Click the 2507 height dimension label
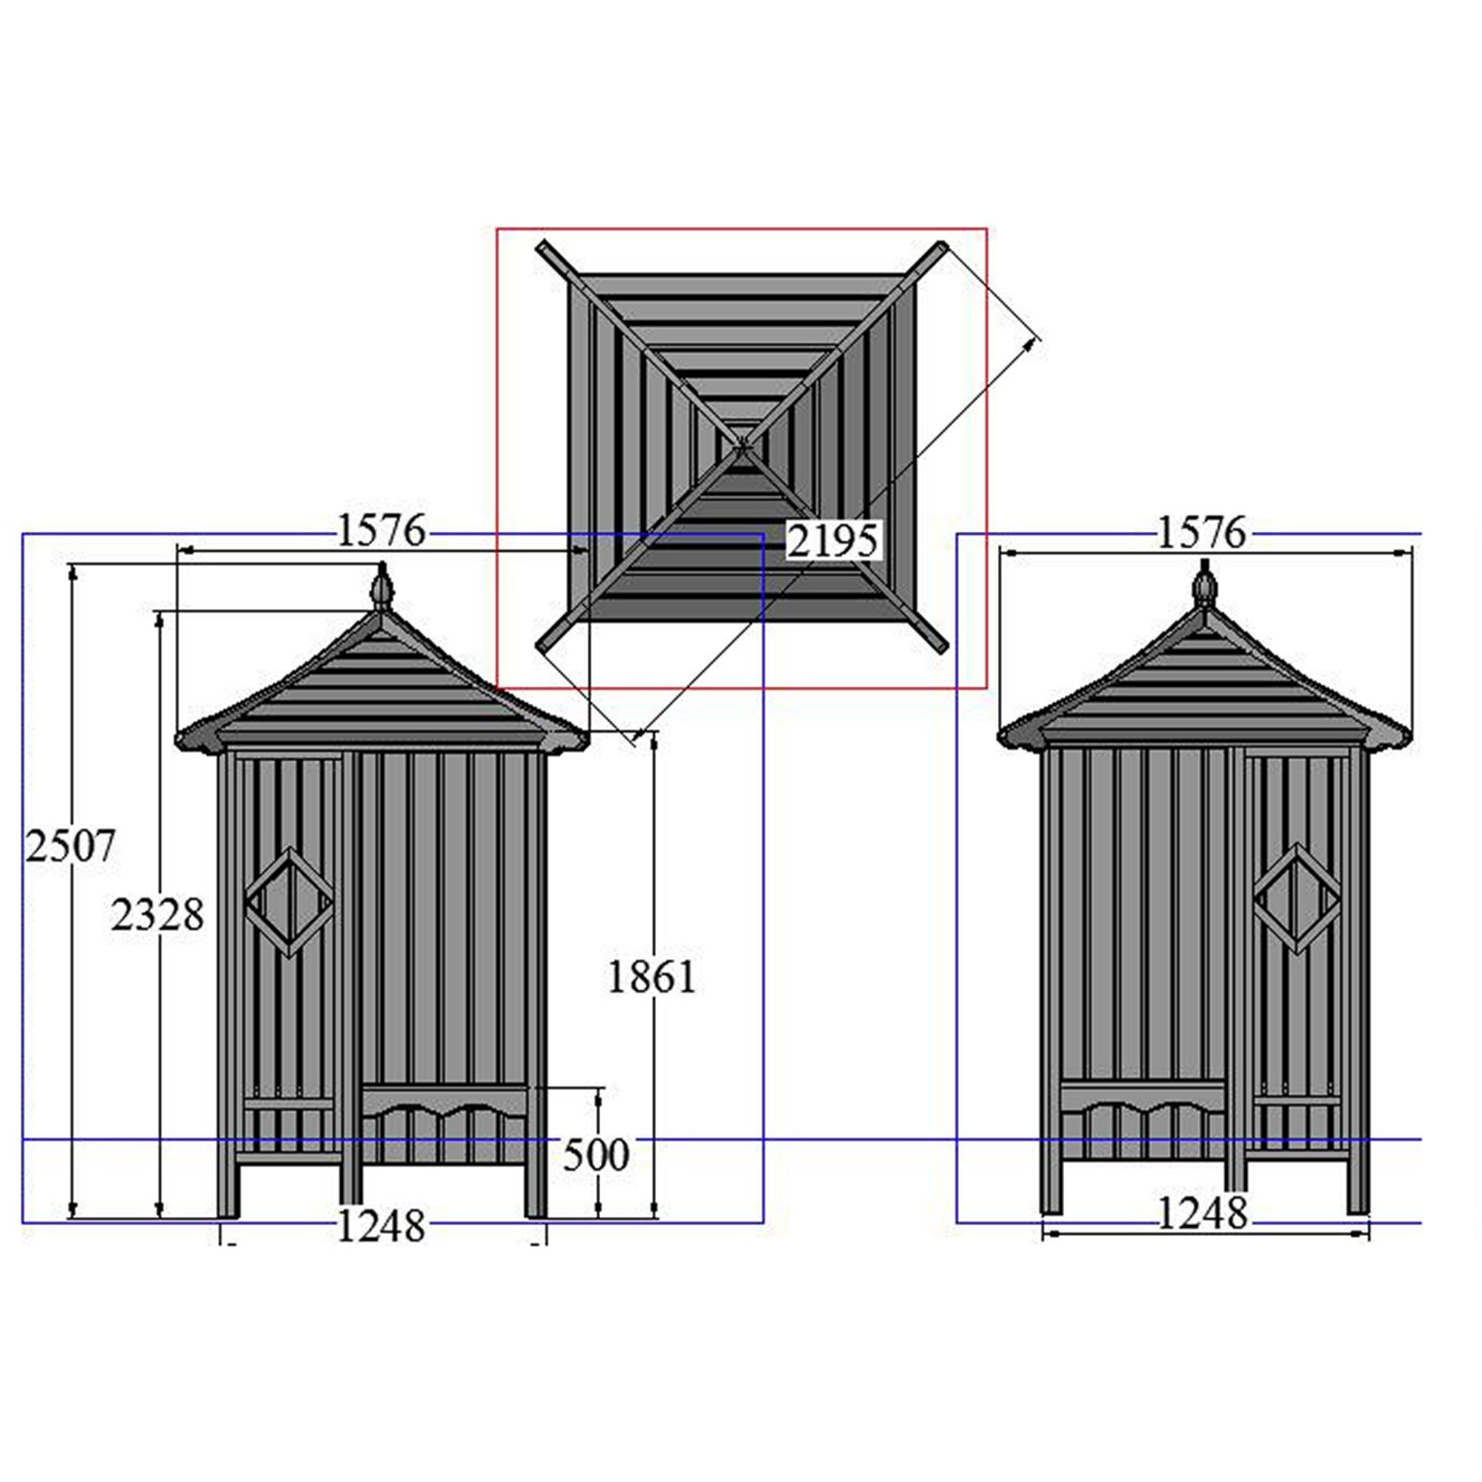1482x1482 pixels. [x=70, y=847]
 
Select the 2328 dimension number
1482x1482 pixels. [x=157, y=915]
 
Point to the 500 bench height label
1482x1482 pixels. [x=595, y=1154]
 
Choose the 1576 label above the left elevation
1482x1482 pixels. [x=380, y=531]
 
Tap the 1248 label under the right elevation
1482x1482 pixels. [x=1201, y=1214]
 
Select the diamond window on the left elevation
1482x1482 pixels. [x=289, y=901]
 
